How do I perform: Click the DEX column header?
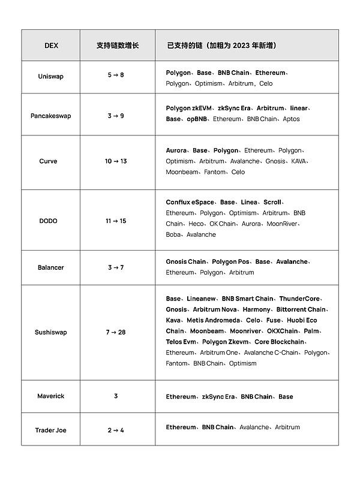coord(51,45)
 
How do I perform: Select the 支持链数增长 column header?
coord(118,45)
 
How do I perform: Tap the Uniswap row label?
coord(51,77)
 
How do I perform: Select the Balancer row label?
coord(51,267)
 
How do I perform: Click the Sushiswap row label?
coord(51,332)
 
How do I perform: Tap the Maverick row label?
coord(51,396)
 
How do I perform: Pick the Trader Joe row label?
coord(51,430)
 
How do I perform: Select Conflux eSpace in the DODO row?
coord(190,203)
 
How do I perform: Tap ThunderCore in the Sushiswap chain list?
coord(300,299)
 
